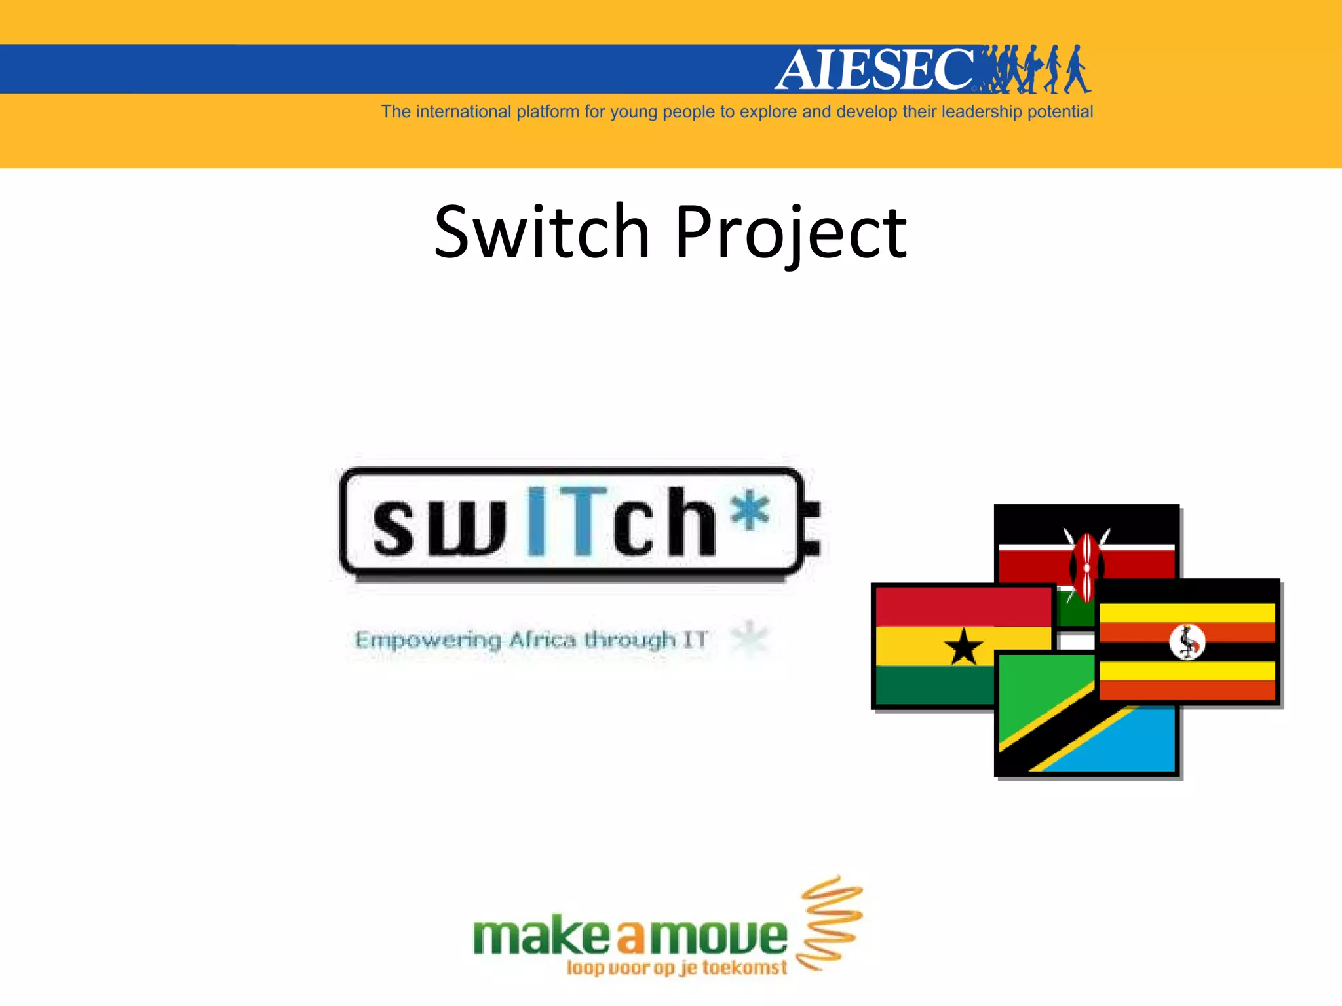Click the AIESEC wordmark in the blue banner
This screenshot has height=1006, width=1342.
coord(875,69)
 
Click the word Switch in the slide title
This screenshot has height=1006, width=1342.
coord(541,232)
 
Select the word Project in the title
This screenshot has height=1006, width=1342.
coord(790,233)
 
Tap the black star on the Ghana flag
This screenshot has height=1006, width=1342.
coord(963,646)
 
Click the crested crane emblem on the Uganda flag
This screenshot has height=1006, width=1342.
coord(1187,642)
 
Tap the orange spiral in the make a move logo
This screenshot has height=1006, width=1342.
coord(828,923)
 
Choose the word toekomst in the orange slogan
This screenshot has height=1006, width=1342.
coord(744,967)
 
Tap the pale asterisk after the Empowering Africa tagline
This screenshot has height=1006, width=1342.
coord(749,637)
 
